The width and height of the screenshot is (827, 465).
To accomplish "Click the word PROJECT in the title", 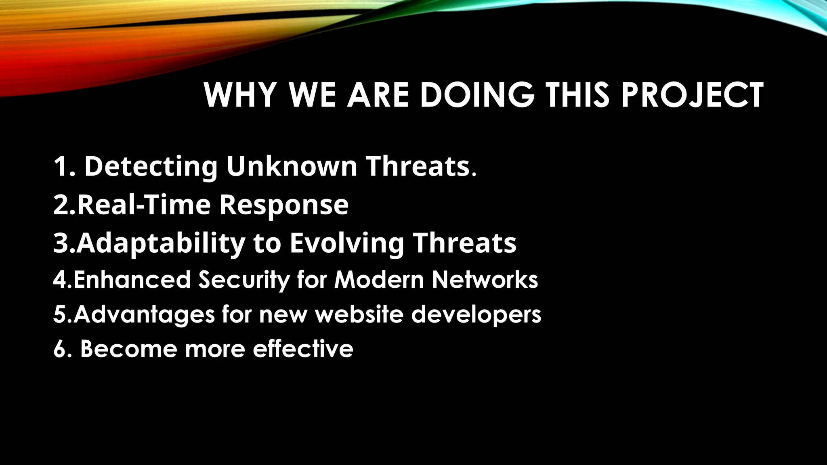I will point(692,95).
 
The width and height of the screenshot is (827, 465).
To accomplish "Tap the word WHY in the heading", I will point(240,95).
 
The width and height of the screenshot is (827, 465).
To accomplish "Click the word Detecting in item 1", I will point(151,166).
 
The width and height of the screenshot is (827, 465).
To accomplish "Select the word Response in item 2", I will point(284,205).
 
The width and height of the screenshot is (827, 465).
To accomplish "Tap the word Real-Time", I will point(144,205).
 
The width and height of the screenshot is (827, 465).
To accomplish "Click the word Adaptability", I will point(161,243).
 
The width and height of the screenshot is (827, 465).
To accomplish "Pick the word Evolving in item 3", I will point(346,243).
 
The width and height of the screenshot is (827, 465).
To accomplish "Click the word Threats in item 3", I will point(464,243).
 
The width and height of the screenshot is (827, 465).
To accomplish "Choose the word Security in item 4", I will point(244,279).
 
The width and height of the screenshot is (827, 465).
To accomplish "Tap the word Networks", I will point(485,279).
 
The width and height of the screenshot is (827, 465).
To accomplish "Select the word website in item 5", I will point(359,314).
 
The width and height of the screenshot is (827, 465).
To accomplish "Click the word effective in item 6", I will point(303,349).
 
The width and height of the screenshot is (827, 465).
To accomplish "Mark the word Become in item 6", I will point(128,349).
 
